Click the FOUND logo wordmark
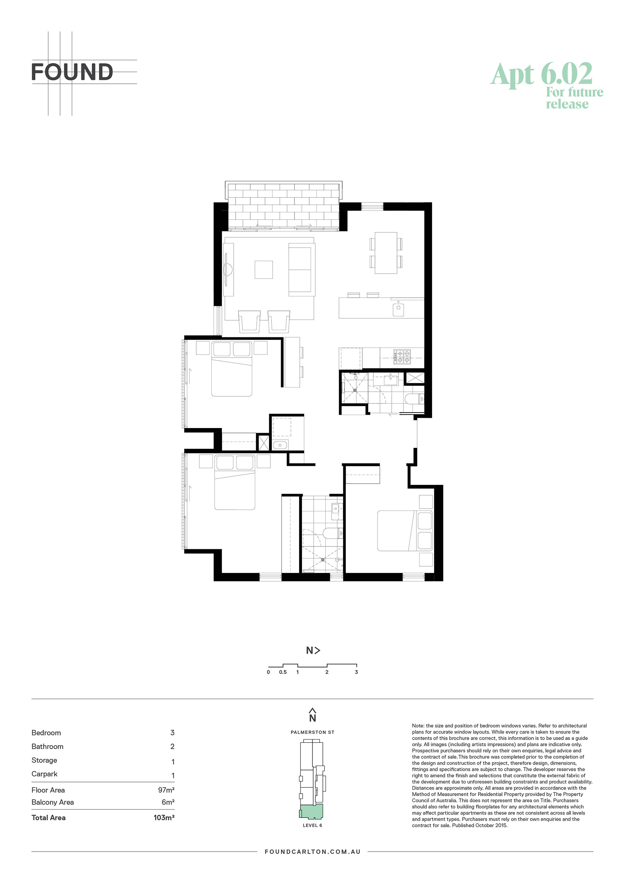pyautogui.click(x=72, y=72)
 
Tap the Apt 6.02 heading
pyautogui.click(x=542, y=74)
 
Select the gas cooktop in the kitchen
pyautogui.click(x=402, y=356)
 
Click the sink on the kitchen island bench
pyautogui.click(x=398, y=309)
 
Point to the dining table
pyautogui.click(x=386, y=253)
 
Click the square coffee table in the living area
pyautogui.click(x=264, y=269)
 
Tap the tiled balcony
pyautogui.click(x=283, y=207)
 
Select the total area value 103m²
pyautogui.click(x=164, y=818)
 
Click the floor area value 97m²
pyautogui.click(x=166, y=790)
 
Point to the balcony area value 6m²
pyautogui.click(x=168, y=802)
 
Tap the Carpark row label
pyautogui.click(x=44, y=774)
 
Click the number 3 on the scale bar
pyautogui.click(x=356, y=672)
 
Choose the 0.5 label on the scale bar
pyautogui.click(x=283, y=672)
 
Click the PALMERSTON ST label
pyautogui.click(x=312, y=732)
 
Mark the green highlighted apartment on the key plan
pyautogui.click(x=311, y=811)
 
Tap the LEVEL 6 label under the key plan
pyautogui.click(x=312, y=825)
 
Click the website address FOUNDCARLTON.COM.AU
pyautogui.click(x=312, y=852)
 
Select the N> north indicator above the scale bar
pyautogui.click(x=313, y=650)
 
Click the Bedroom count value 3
pyautogui.click(x=173, y=733)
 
